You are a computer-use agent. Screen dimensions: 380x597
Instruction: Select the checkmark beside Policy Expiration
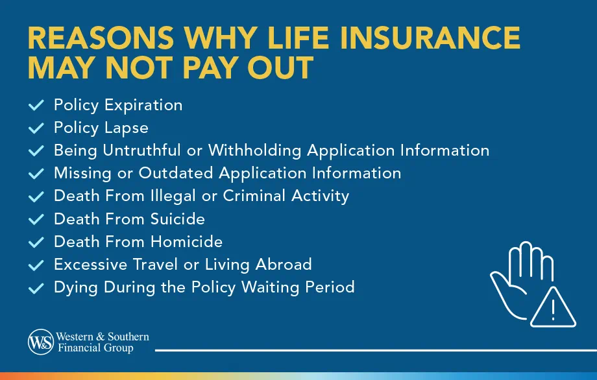[36, 105]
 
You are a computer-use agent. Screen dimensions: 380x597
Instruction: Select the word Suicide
[178, 219]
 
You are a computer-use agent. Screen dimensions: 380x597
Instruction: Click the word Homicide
[187, 241]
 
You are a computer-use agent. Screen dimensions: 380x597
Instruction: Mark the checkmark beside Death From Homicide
[36, 242]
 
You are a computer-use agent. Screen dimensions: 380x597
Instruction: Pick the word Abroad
[283, 264]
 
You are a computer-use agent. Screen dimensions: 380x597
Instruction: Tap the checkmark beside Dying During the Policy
[36, 287]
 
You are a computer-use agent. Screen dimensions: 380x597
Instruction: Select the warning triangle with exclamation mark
[552, 309]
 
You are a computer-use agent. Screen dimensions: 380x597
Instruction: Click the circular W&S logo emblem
[40, 342]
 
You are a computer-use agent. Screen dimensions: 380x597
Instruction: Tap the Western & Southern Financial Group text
[103, 342]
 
